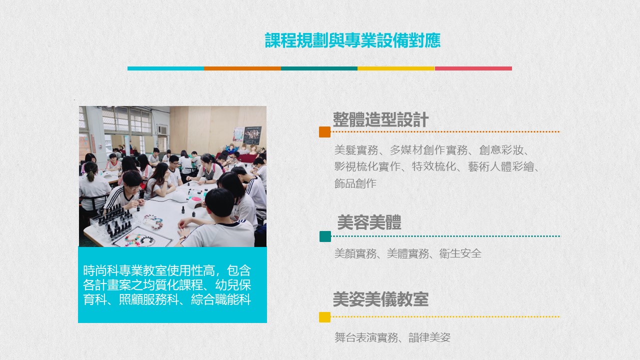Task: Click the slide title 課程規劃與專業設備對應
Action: (x=352, y=40)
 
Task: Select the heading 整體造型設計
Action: (x=380, y=119)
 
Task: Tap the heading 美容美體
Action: (x=369, y=222)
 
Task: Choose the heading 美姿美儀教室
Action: (x=380, y=299)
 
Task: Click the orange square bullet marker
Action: (x=325, y=132)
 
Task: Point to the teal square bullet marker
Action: (x=325, y=236)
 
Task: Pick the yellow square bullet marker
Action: (x=325, y=317)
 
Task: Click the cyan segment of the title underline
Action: (x=165, y=68)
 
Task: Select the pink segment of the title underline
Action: (x=473, y=68)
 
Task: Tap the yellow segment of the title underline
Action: (x=396, y=68)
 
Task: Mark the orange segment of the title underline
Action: (x=242, y=68)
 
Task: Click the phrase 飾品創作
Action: (x=355, y=183)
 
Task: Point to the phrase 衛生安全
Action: (x=460, y=253)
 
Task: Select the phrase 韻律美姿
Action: (x=429, y=337)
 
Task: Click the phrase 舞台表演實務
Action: (x=366, y=337)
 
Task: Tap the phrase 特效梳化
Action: (x=434, y=166)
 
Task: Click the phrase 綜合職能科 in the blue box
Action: (x=221, y=299)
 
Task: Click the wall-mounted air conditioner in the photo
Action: (x=162, y=130)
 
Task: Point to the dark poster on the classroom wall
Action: (x=252, y=135)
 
